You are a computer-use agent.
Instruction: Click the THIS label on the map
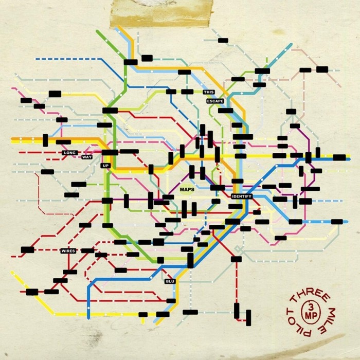pyautogui.click(x=208, y=92)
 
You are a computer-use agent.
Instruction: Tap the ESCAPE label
pyautogui.click(x=215, y=101)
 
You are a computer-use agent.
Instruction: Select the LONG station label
pyautogui.click(x=69, y=153)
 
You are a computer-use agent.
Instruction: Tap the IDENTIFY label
pyautogui.click(x=242, y=197)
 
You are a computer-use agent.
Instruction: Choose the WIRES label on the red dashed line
pyautogui.click(x=68, y=251)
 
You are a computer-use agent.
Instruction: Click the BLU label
pyautogui.click(x=170, y=282)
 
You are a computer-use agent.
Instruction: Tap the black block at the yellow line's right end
pyautogui.click(x=339, y=157)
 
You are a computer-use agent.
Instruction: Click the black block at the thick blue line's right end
pyautogui.click(x=337, y=222)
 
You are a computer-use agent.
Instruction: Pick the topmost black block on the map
pyautogui.click(x=223, y=40)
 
